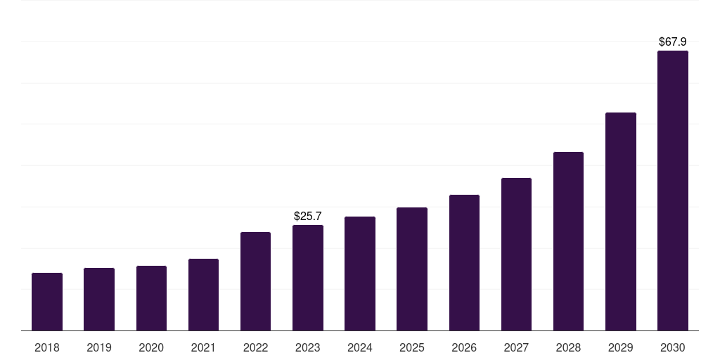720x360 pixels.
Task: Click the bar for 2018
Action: (47, 302)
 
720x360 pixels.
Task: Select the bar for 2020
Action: (151, 298)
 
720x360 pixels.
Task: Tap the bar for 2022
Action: (255, 281)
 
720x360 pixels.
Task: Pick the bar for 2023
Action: (308, 278)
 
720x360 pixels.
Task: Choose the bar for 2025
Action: (412, 269)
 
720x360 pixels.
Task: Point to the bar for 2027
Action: (516, 254)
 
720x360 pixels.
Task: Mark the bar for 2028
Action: (568, 241)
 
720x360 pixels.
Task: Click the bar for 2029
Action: (621, 221)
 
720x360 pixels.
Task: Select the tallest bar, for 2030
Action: (673, 191)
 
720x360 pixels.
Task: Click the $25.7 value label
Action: (308, 216)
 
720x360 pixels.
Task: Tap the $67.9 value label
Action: (673, 42)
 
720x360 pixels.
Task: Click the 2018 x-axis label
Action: (47, 347)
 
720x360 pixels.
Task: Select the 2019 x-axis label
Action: (99, 347)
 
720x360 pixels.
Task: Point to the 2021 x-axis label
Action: (203, 347)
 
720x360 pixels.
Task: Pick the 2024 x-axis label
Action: (360, 347)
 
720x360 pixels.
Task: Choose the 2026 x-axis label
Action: (464, 347)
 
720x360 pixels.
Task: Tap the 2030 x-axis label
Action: (673, 347)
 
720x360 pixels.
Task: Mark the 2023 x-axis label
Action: (308, 347)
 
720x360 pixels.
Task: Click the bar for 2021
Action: (203, 295)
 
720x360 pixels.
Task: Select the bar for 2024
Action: (360, 274)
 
